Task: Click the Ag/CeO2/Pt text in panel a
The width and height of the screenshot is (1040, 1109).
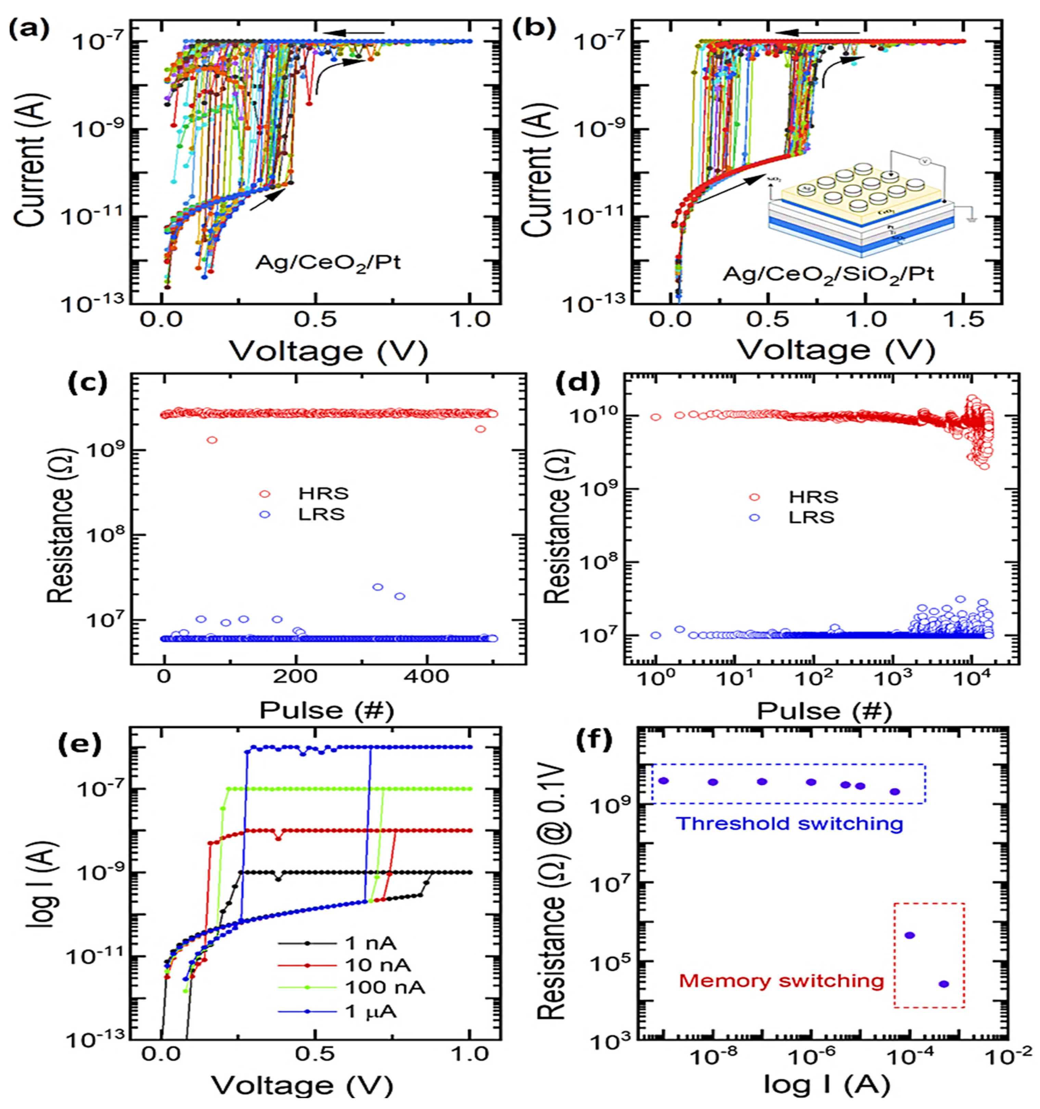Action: [328, 262]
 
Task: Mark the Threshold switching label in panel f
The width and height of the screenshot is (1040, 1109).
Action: [789, 823]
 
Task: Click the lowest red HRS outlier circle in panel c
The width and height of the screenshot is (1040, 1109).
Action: [211, 440]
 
